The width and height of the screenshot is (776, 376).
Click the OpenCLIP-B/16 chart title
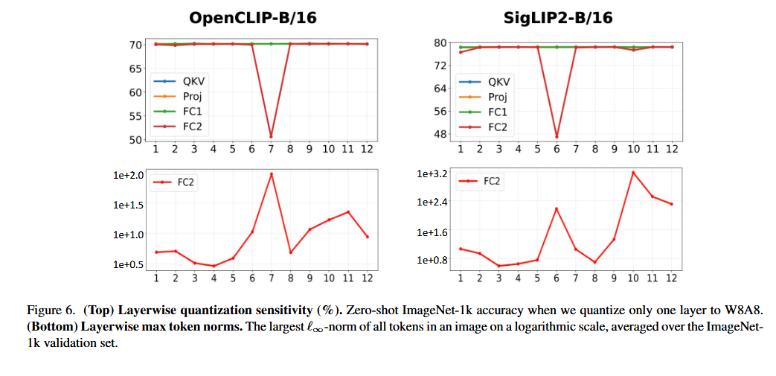tap(253, 19)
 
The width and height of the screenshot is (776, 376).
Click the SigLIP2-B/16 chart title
tap(558, 19)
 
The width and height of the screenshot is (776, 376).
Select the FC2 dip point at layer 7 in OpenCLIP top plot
tap(271, 136)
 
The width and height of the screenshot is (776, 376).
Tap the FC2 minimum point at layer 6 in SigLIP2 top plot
tap(557, 137)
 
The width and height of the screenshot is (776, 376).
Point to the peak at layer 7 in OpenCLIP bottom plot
tap(272, 174)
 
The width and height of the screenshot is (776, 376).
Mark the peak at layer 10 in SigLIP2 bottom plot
tap(632, 173)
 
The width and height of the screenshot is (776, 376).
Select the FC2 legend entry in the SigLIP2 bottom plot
tap(480, 182)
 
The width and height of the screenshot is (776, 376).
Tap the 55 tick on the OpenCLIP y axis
tap(135, 116)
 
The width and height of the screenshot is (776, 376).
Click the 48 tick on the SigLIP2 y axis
tap(440, 134)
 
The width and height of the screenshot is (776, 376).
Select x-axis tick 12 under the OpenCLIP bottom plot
tap(367, 279)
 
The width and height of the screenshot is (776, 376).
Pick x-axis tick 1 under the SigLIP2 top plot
tap(461, 148)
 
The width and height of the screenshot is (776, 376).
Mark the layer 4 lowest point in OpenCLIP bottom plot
tap(214, 266)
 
